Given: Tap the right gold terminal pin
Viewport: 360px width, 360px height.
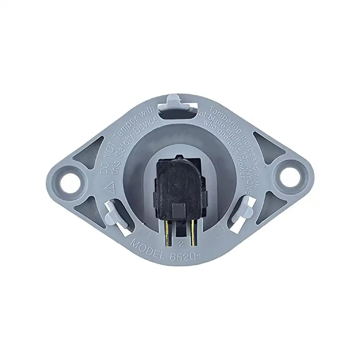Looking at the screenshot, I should [x=194, y=233].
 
